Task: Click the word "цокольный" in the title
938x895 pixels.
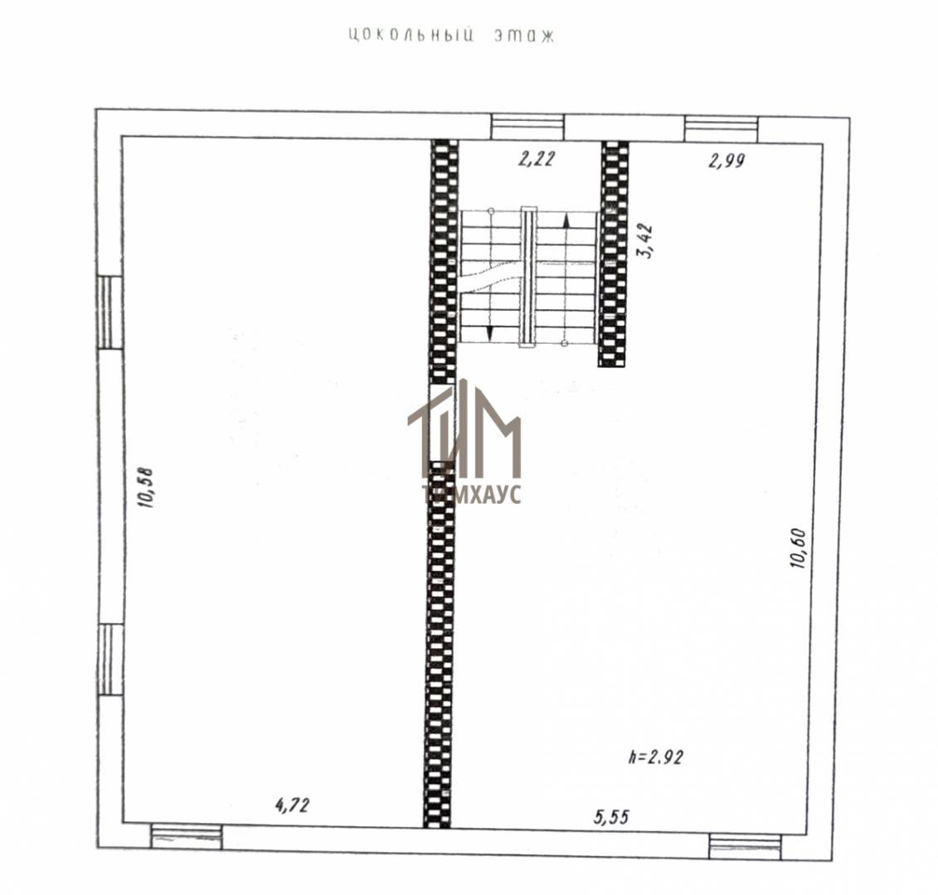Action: click(411, 36)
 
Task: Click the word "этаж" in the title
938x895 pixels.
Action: click(525, 36)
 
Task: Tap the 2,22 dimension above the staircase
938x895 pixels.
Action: click(537, 159)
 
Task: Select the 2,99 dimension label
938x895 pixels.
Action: click(727, 160)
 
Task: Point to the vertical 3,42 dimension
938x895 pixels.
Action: click(647, 240)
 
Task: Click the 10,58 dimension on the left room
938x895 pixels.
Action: click(146, 486)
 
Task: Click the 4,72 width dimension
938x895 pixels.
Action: click(293, 805)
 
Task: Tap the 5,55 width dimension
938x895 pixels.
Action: click(611, 816)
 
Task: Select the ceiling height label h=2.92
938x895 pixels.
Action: click(656, 757)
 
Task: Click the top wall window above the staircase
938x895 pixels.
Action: click(527, 127)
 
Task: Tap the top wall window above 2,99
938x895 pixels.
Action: click(721, 129)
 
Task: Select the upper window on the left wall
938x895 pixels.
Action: click(110, 312)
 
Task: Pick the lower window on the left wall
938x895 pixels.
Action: click(110, 660)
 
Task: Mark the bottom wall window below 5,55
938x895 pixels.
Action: click(746, 846)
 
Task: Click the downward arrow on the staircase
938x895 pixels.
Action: click(490, 331)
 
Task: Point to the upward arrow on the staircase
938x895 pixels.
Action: click(566, 221)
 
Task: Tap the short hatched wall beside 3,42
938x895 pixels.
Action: click(614, 254)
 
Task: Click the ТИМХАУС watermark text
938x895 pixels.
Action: click(472, 494)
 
